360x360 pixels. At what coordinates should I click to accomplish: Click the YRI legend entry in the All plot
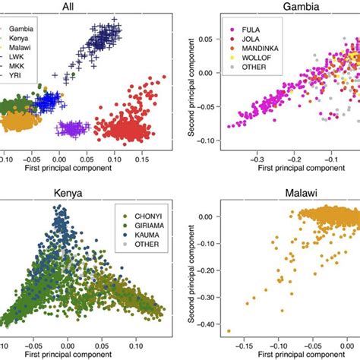(x=30, y=85)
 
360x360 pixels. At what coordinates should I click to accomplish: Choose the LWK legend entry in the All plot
(x=30, y=65)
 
